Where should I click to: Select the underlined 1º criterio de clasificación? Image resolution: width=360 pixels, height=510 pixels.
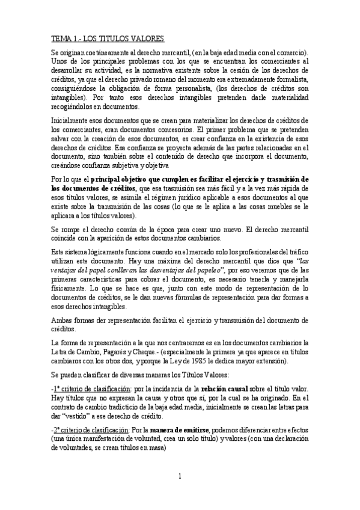[91, 389]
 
